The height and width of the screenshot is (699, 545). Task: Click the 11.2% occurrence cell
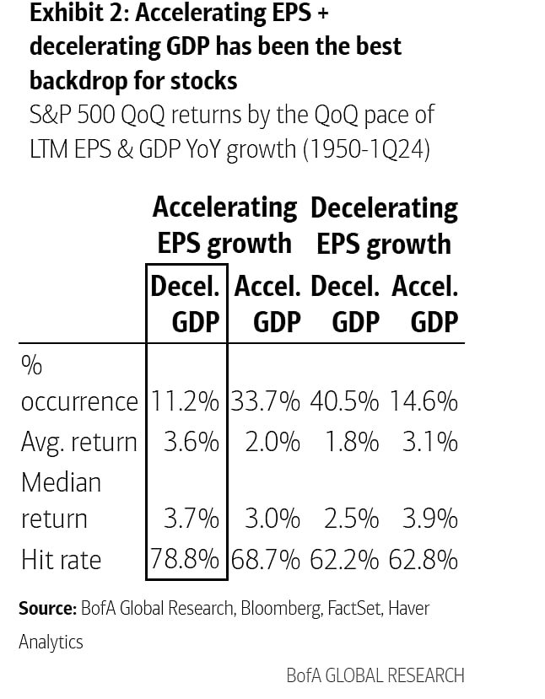(x=186, y=401)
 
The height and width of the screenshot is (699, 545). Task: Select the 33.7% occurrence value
(x=267, y=401)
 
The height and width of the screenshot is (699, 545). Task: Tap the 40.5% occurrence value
(x=344, y=401)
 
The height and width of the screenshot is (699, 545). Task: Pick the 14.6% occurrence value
(x=424, y=401)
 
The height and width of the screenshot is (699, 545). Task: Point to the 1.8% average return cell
(x=350, y=441)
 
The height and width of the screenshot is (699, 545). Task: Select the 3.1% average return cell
(x=429, y=441)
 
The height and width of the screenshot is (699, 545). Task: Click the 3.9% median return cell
(x=429, y=519)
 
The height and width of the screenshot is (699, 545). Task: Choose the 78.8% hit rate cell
(x=186, y=559)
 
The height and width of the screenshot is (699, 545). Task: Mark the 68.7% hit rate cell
(x=267, y=559)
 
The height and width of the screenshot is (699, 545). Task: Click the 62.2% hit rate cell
(x=344, y=559)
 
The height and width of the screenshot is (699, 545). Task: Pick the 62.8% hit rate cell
(x=424, y=559)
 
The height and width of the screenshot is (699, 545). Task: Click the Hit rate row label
(x=61, y=559)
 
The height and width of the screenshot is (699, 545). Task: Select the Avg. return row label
(x=78, y=441)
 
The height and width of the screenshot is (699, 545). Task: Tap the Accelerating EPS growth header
(x=224, y=225)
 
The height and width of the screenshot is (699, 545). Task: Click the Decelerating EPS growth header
(x=384, y=225)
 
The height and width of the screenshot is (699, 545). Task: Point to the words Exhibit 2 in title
(x=71, y=14)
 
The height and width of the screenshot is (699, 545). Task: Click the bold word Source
(x=46, y=608)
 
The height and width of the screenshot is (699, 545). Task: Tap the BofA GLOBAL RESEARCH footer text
(x=375, y=675)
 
